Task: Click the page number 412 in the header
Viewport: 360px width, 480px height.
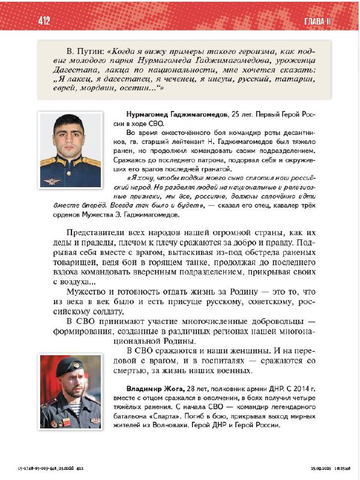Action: click(43, 22)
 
